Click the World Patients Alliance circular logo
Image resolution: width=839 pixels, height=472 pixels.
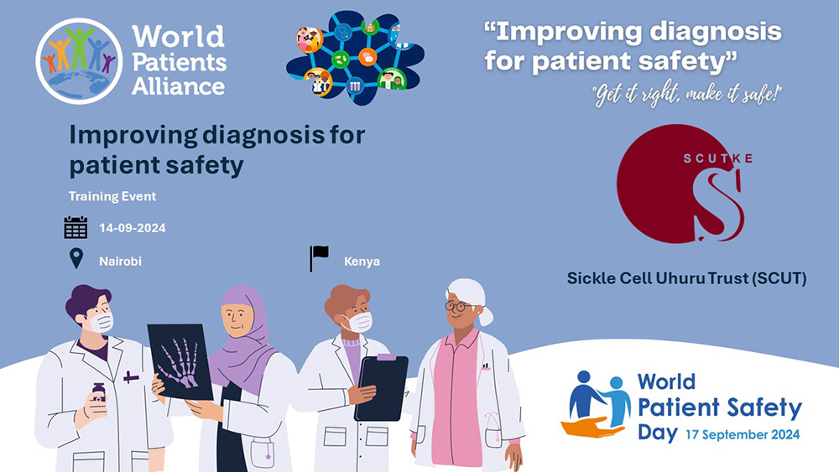coord(79,61)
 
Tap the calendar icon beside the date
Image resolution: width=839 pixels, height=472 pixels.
coord(76,227)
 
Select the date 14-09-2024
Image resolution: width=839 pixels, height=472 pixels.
coord(133,228)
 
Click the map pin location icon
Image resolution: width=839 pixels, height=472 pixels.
coord(76,259)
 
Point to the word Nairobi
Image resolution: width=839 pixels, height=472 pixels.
coord(120,262)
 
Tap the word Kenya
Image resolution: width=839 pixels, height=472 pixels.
coord(362,262)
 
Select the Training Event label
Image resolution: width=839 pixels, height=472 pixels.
coord(112,196)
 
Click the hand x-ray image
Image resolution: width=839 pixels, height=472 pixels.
coord(180,362)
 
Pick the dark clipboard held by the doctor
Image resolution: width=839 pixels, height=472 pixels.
coord(382,387)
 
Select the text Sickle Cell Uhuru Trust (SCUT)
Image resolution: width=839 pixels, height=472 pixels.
coord(686,278)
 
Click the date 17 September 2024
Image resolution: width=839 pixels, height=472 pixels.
coord(743,434)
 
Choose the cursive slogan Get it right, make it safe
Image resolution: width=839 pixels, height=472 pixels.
coord(687,95)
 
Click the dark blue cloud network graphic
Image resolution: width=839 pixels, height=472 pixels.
coord(355,57)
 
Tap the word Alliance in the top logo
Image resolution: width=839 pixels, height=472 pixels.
coord(178,86)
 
